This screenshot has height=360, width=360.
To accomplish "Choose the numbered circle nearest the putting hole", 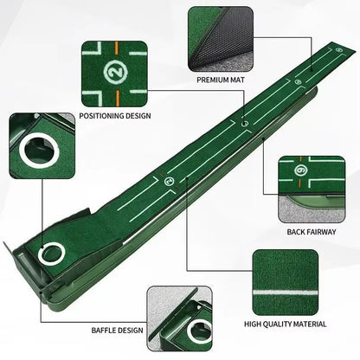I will point(168,181).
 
